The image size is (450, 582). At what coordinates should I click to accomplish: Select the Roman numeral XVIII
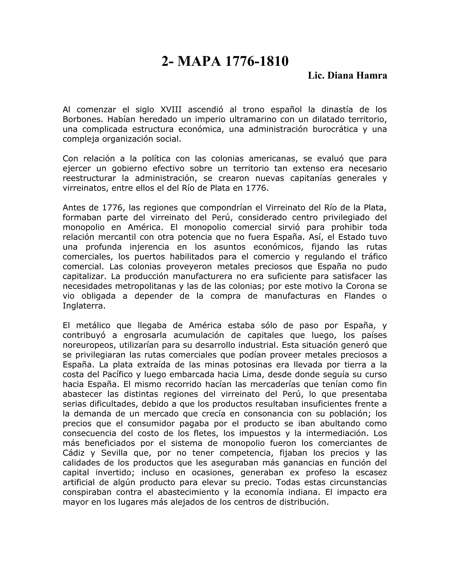(171, 110)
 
